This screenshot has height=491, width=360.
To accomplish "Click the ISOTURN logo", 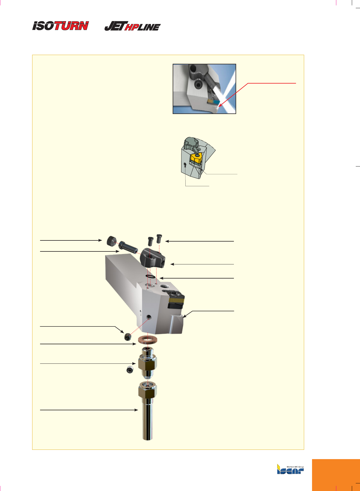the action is (x=60, y=26).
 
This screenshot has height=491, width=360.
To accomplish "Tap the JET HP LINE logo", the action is (x=132, y=26).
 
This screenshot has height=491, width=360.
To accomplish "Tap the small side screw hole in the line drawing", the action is (x=185, y=164).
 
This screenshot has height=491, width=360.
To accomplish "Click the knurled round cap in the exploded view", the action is (x=112, y=241).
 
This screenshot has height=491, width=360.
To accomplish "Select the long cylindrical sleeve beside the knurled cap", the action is (x=128, y=247).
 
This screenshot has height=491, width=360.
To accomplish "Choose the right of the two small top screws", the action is (x=159, y=238).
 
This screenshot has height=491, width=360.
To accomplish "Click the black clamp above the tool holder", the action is (x=152, y=257).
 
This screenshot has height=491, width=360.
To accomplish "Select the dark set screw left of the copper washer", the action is (x=128, y=337).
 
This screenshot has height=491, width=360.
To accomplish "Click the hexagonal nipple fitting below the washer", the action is (x=147, y=363).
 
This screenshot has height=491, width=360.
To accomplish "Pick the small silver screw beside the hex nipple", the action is (x=130, y=370).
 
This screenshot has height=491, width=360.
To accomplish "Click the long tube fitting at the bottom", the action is (x=148, y=411).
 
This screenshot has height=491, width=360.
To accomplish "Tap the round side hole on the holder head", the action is (x=149, y=317).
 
